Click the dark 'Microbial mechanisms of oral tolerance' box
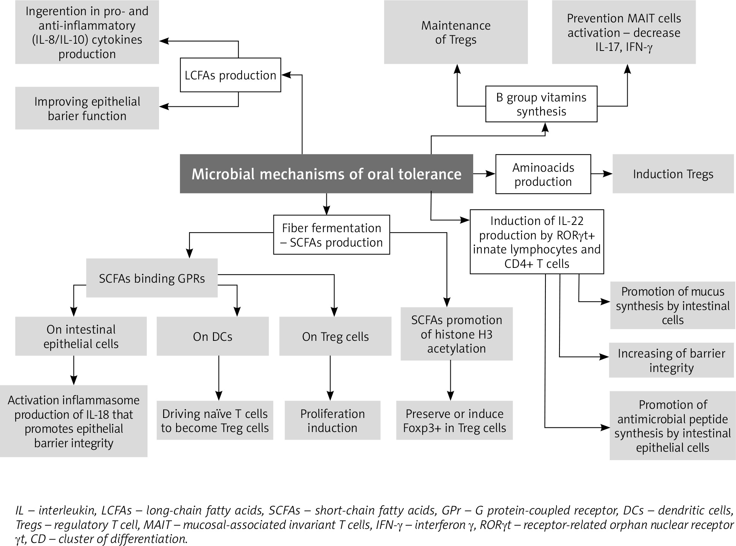coord(326,174)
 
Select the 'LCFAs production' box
coord(230,75)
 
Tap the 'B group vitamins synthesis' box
coord(541,104)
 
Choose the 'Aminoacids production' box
coord(543,174)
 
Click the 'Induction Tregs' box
coord(673,174)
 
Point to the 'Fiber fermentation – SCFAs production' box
coord(332,235)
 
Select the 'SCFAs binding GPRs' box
coord(152,278)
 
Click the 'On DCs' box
coord(213,336)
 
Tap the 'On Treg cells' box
coord(335,336)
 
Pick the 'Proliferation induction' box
coord(332,420)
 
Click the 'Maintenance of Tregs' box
coord(456,32)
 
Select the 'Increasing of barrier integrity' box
coord(671,360)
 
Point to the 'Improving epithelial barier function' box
coord(87,108)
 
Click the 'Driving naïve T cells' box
coord(215,420)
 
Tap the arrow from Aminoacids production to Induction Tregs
coord(601,174)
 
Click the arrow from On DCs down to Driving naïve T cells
coord(219,378)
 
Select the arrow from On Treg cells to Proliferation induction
coord(330,378)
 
